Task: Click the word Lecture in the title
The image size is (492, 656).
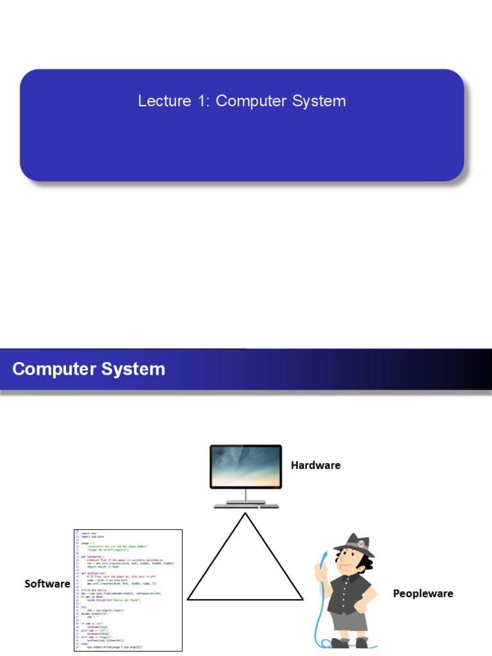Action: [x=156, y=101]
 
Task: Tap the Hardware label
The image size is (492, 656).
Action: [x=315, y=465]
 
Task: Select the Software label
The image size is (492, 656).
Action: [x=47, y=584]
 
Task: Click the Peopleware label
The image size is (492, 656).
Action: [x=423, y=594]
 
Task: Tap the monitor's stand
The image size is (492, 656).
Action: [x=245, y=496]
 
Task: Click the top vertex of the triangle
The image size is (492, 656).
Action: [x=245, y=514]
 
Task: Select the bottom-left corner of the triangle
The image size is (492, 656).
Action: [x=188, y=599]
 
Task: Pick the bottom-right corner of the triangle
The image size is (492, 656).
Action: [x=302, y=599]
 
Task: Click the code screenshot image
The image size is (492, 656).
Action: [x=127, y=589]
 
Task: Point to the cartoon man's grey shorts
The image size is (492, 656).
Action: [x=350, y=619]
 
